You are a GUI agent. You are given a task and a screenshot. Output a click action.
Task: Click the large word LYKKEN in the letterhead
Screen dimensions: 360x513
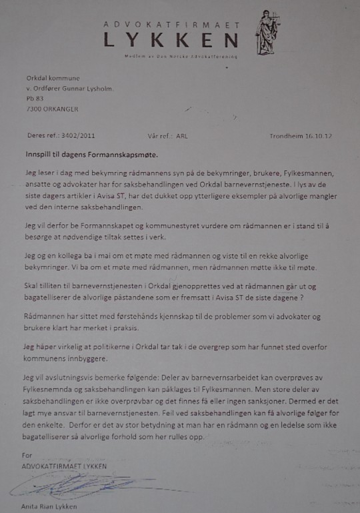coord(171,41)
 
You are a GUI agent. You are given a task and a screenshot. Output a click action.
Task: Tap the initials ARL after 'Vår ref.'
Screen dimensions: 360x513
coord(182,134)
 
